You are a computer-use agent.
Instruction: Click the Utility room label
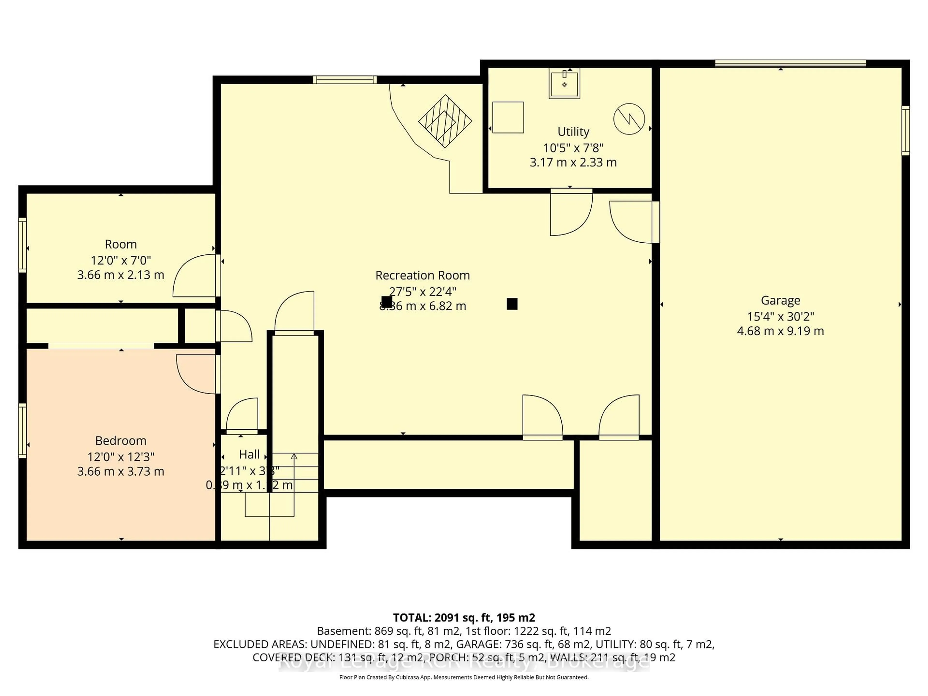pyautogui.click(x=573, y=132)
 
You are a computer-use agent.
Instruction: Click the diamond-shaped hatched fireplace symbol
pyautogui.click(x=445, y=121)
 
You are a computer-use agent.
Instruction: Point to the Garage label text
pyautogui.click(x=780, y=300)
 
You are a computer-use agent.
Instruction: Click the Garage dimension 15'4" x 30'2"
pyautogui.click(x=780, y=316)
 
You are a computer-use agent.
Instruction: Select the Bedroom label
pyautogui.click(x=121, y=441)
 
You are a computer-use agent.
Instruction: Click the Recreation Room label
pyautogui.click(x=422, y=275)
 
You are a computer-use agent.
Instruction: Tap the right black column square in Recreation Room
pyautogui.click(x=512, y=304)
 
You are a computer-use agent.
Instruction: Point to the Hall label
pyautogui.click(x=249, y=454)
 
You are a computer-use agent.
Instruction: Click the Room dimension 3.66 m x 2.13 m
pyautogui.click(x=121, y=275)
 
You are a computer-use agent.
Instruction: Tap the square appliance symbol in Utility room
pyautogui.click(x=508, y=117)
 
